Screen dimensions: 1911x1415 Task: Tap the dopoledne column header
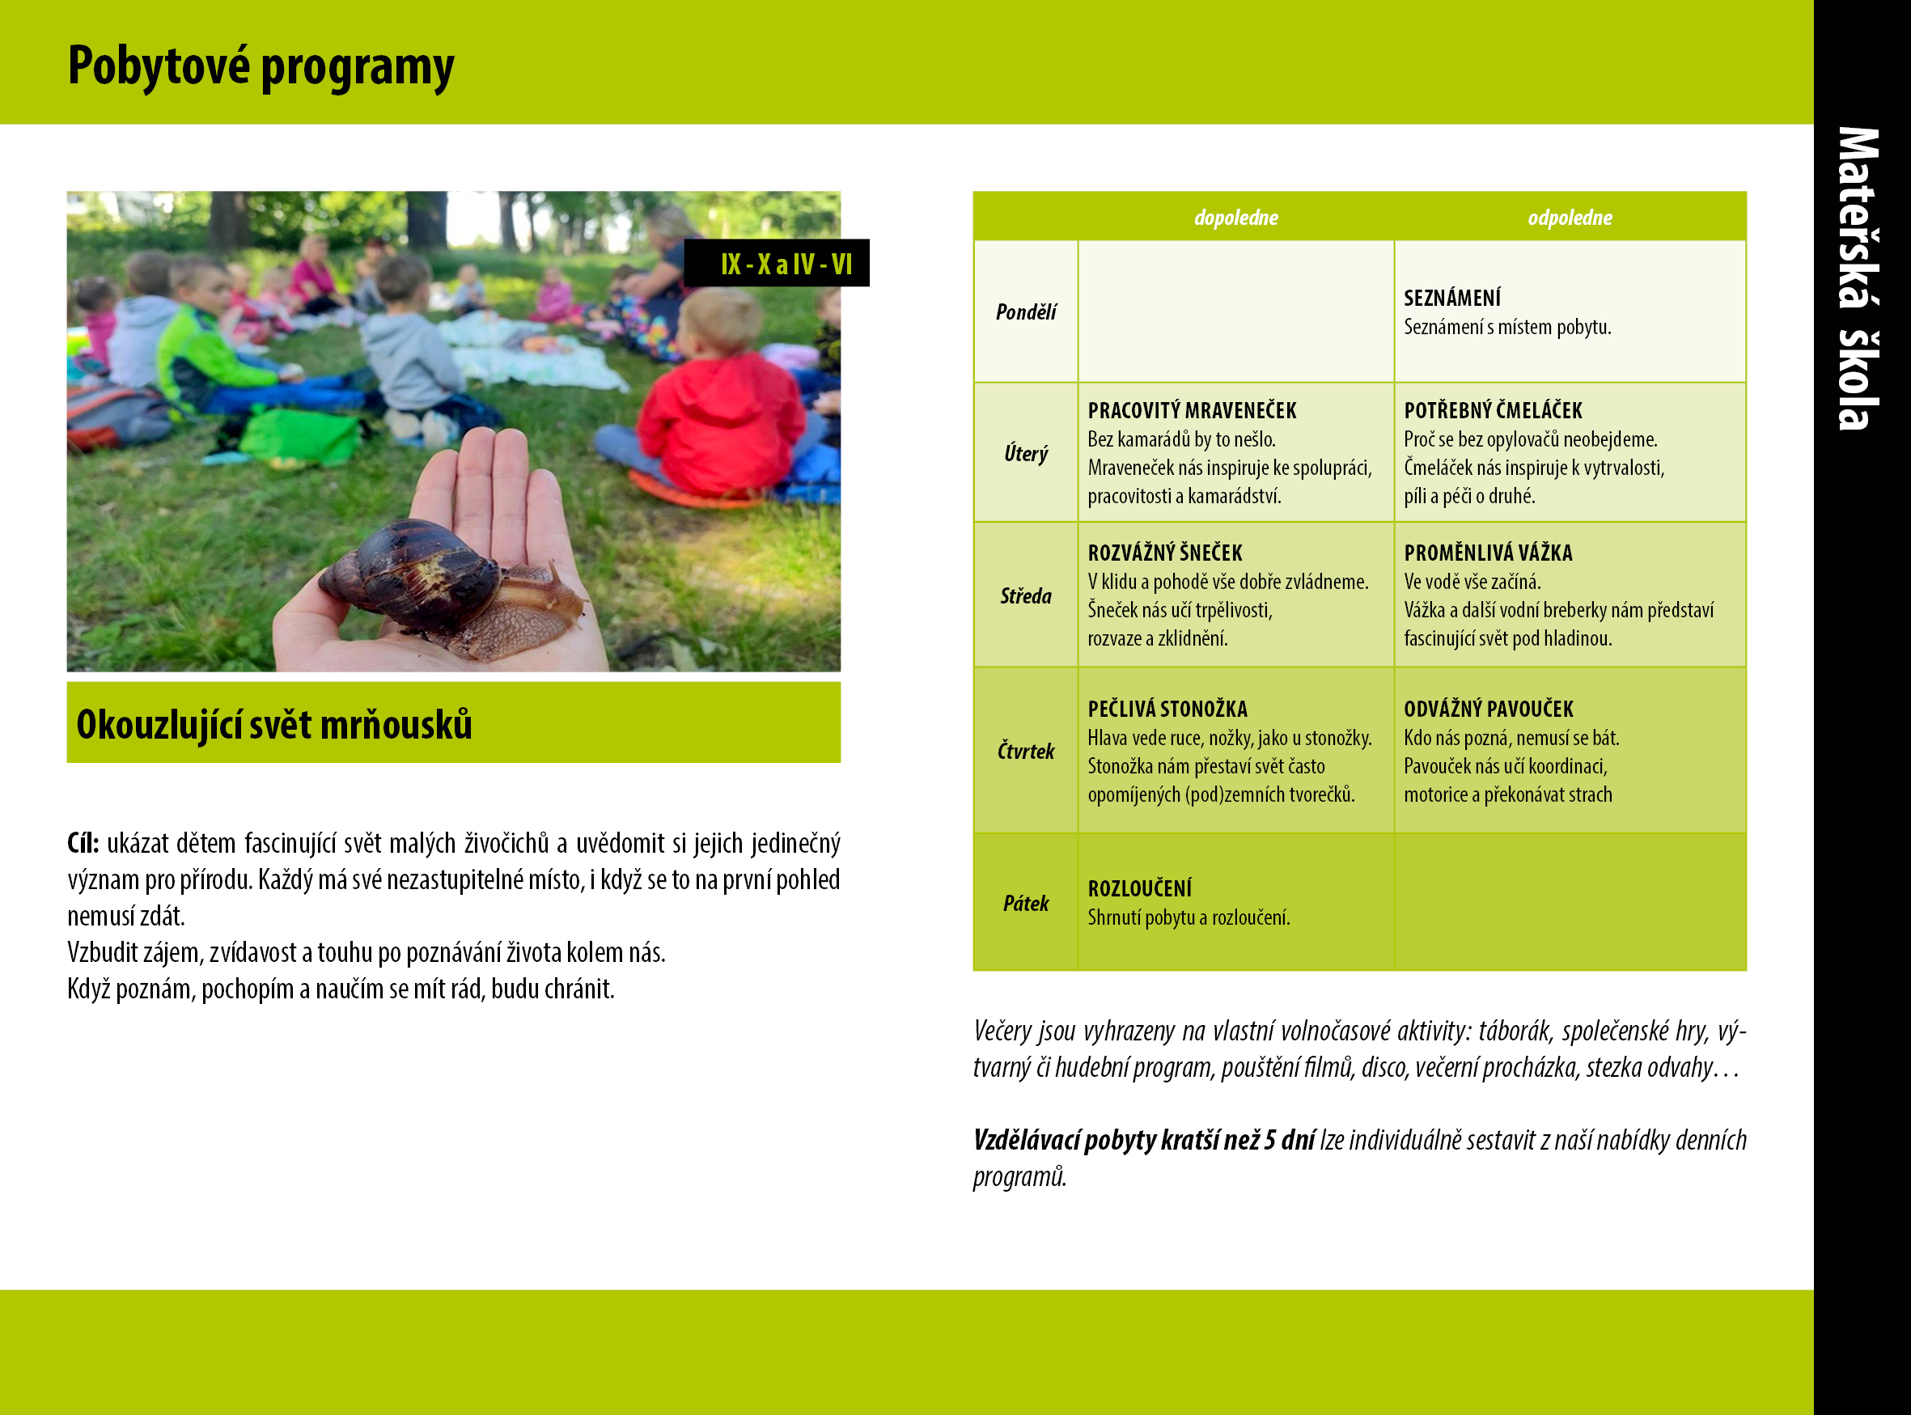(x=1235, y=218)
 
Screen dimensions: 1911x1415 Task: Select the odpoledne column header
(x=1570, y=218)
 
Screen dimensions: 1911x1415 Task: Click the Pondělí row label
(x=1025, y=311)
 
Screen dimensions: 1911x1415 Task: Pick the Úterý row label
(x=1025, y=453)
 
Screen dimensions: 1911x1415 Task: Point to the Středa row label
(x=1025, y=595)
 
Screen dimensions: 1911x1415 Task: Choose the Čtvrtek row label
(x=1025, y=750)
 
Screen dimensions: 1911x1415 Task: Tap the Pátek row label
(x=1025, y=903)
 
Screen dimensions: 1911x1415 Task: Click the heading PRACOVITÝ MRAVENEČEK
(x=1192, y=410)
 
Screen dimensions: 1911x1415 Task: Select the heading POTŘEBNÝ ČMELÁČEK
(x=1492, y=410)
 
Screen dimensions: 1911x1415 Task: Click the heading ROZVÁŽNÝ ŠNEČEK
(x=1165, y=553)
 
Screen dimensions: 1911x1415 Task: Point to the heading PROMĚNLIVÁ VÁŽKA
(x=1488, y=553)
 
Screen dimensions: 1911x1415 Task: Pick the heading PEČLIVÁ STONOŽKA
(x=1167, y=709)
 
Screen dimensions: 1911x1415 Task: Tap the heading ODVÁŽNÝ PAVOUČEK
(x=1488, y=709)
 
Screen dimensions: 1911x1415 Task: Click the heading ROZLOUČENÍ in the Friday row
(x=1139, y=888)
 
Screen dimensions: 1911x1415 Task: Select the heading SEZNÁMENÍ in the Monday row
(x=1452, y=297)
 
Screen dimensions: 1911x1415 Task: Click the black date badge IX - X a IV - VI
(x=777, y=263)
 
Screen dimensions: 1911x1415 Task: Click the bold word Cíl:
(x=83, y=843)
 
